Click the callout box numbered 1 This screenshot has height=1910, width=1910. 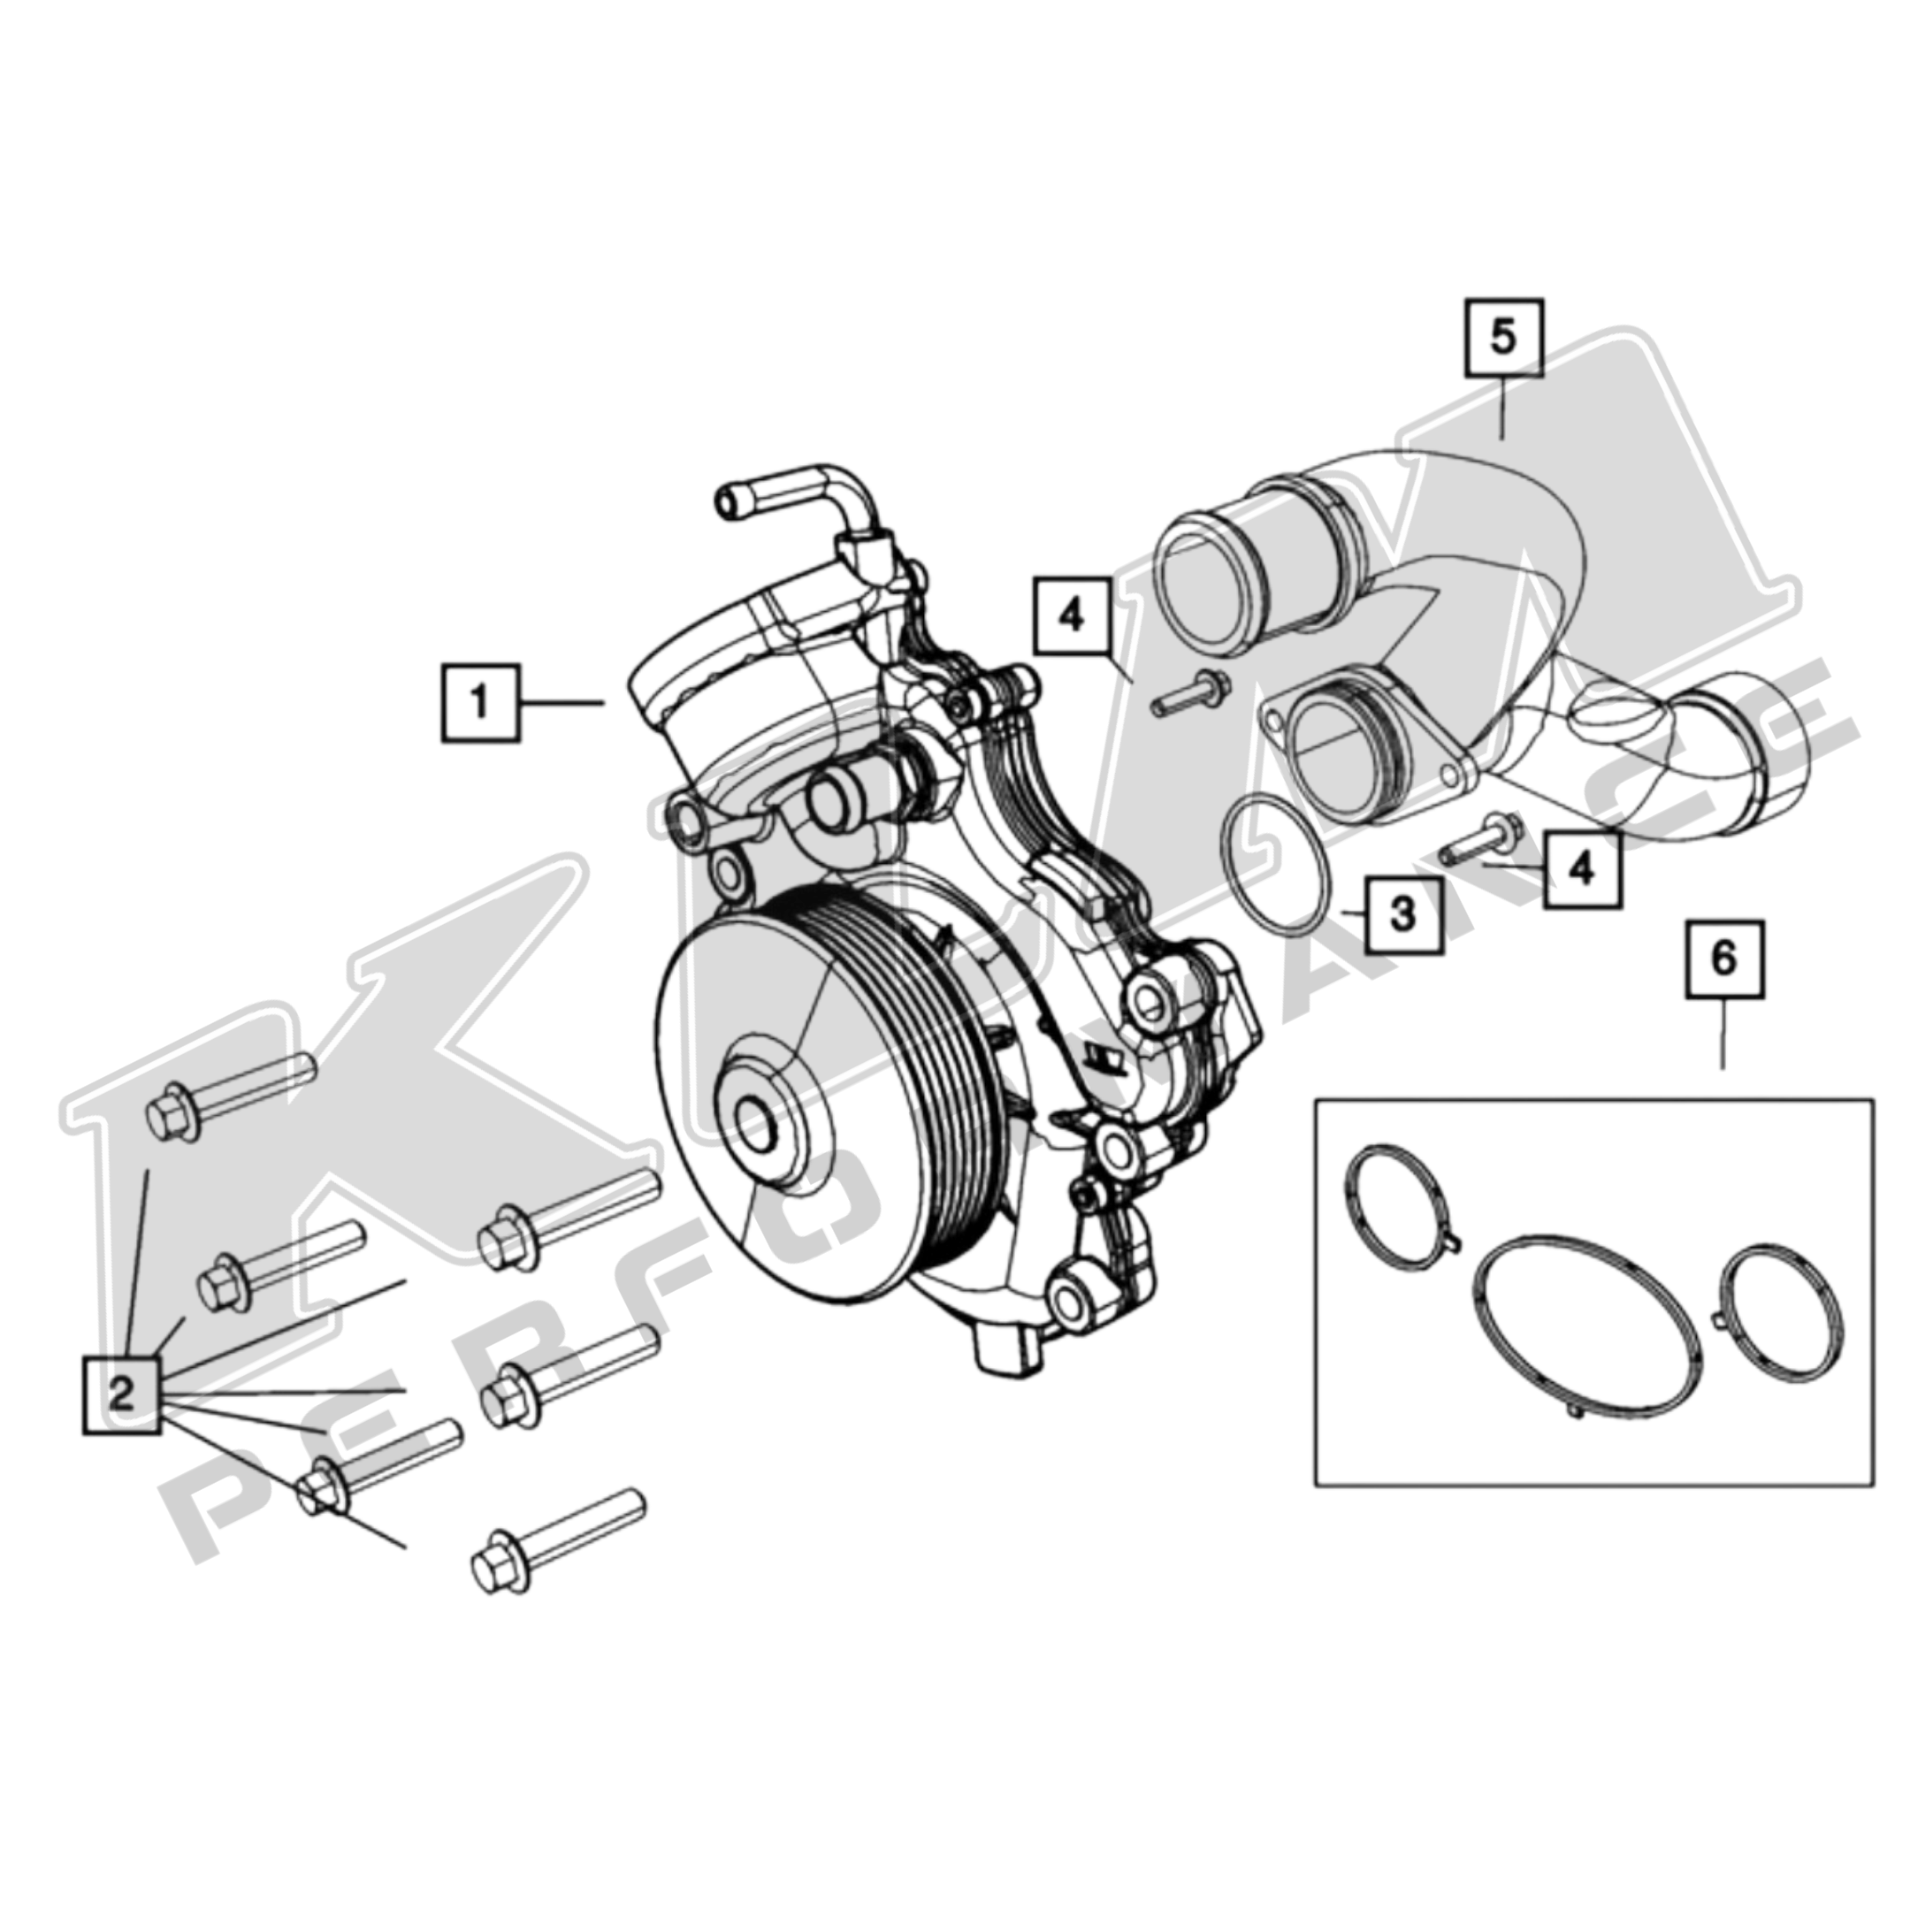(x=479, y=703)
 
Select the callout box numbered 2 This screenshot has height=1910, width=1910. (x=120, y=1395)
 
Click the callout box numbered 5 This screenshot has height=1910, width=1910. (x=1502, y=337)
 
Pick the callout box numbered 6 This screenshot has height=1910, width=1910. (x=1723, y=958)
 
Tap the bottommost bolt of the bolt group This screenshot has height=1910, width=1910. (x=556, y=1555)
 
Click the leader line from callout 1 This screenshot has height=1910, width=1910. (x=562, y=703)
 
